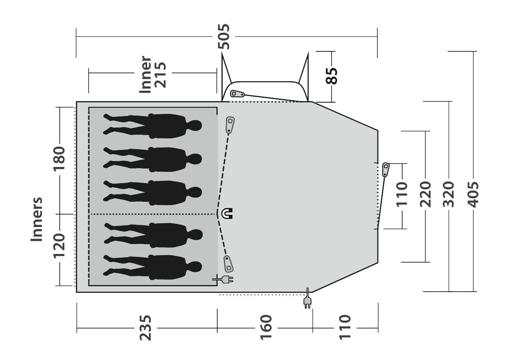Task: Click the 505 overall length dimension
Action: (224, 36)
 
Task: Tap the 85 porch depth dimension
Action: (331, 76)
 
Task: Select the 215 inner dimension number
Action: (160, 75)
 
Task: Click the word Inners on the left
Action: (36, 219)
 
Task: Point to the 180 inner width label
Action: (59, 159)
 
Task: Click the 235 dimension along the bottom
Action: (145, 328)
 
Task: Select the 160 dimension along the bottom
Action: (266, 327)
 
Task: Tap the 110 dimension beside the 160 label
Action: (345, 327)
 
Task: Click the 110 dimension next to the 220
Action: (402, 194)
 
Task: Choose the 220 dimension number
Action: (425, 194)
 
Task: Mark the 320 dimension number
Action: (449, 194)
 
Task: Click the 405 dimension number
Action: (473, 194)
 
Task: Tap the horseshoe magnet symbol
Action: (227, 213)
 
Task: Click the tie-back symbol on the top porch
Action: (237, 94)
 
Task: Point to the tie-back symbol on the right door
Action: (386, 169)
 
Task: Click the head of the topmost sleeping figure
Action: (194, 126)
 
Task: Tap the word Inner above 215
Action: (145, 75)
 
